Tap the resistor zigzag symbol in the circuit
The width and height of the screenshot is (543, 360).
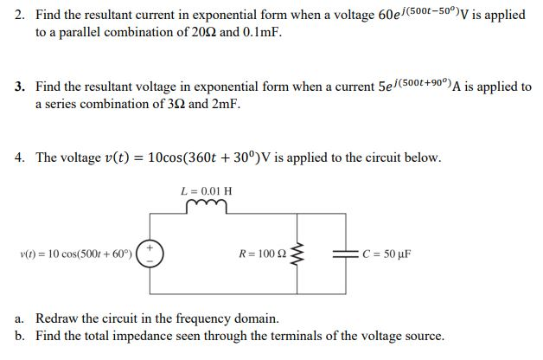[300, 254]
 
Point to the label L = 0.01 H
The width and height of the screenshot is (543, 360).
[205, 190]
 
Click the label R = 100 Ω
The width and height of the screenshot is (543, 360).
[261, 254]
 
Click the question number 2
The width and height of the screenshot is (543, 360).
[20, 15]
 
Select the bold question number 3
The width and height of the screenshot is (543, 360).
[20, 87]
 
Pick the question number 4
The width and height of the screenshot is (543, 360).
[20, 157]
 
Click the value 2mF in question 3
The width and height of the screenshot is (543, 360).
[224, 104]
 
